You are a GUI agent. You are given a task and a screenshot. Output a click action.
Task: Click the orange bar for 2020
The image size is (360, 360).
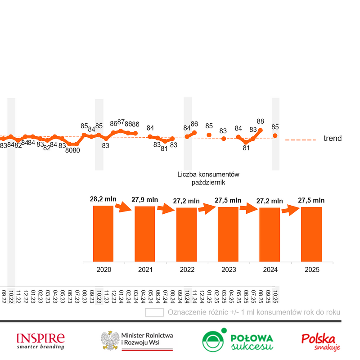[103, 233]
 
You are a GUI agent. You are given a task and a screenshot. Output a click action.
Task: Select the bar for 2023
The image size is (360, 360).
[228, 234]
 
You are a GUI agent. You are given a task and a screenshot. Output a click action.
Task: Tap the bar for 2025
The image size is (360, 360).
[311, 234]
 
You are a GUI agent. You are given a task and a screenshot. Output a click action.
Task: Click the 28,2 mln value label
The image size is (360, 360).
[103, 199]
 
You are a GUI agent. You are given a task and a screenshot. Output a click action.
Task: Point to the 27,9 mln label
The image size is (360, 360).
[145, 199]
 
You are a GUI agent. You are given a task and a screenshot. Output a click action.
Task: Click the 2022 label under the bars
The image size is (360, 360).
[187, 270]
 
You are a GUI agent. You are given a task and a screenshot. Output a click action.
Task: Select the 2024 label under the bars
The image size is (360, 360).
[270, 270]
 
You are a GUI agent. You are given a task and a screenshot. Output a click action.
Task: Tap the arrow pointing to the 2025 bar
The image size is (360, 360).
[291, 210]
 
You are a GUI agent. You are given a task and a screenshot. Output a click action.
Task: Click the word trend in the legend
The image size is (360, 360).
[333, 139]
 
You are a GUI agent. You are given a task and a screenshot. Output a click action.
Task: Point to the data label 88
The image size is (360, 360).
[260, 121]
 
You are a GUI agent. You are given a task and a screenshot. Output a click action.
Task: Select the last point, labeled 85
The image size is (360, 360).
[275, 135]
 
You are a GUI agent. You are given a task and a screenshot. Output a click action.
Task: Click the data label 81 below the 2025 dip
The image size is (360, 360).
[246, 148]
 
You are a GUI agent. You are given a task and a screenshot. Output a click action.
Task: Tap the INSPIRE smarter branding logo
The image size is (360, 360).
[40, 341]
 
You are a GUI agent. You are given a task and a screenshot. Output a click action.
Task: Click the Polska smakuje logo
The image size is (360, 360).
[320, 341]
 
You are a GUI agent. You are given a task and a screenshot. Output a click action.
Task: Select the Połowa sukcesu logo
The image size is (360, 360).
[238, 341]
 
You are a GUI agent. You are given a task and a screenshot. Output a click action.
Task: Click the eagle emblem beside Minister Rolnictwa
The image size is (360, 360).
[109, 341]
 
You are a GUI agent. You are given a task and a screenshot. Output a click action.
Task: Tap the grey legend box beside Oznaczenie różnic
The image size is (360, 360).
[154, 312]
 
